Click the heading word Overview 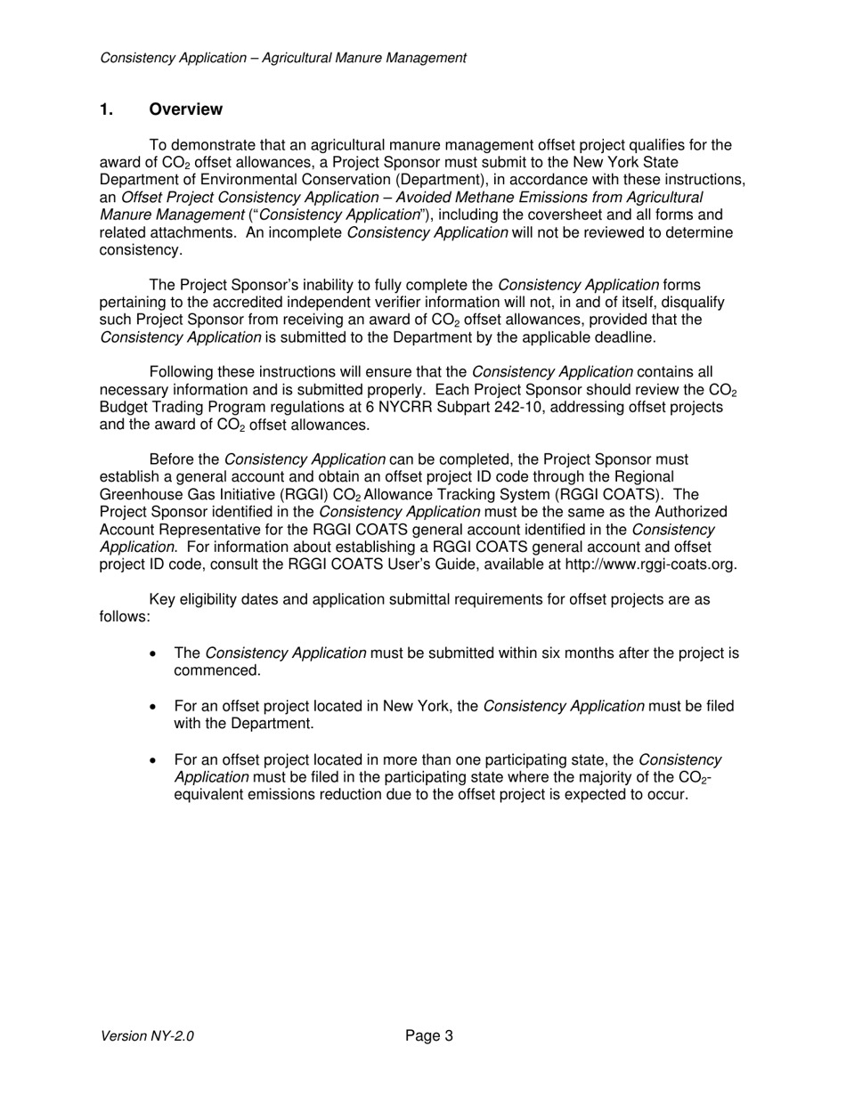(x=185, y=109)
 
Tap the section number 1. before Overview (x=107, y=109)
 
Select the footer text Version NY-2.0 (x=147, y=1035)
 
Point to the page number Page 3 (x=428, y=1035)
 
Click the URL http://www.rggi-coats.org (x=650, y=564)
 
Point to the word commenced (x=216, y=671)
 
